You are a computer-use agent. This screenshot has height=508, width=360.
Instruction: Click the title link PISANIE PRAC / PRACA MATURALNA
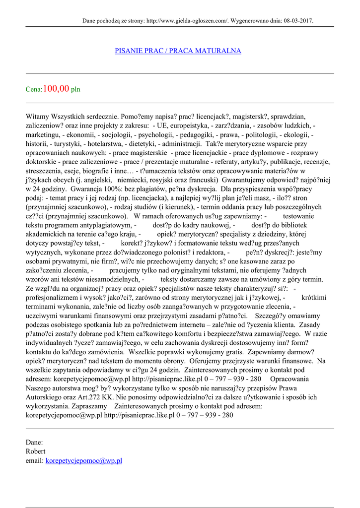(178, 51)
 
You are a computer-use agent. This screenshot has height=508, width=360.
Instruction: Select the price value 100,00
(56, 89)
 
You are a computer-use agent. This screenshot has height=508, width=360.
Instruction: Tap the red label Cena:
(34, 90)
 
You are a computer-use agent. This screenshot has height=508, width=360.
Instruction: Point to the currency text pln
(75, 90)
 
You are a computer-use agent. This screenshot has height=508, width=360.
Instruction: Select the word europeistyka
(191, 126)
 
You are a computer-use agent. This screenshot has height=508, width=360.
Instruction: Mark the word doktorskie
(41, 161)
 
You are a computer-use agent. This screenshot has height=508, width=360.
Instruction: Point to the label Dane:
(34, 442)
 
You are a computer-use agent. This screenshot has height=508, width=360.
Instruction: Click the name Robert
(36, 451)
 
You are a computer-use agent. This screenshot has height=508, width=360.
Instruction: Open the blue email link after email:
(84, 460)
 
